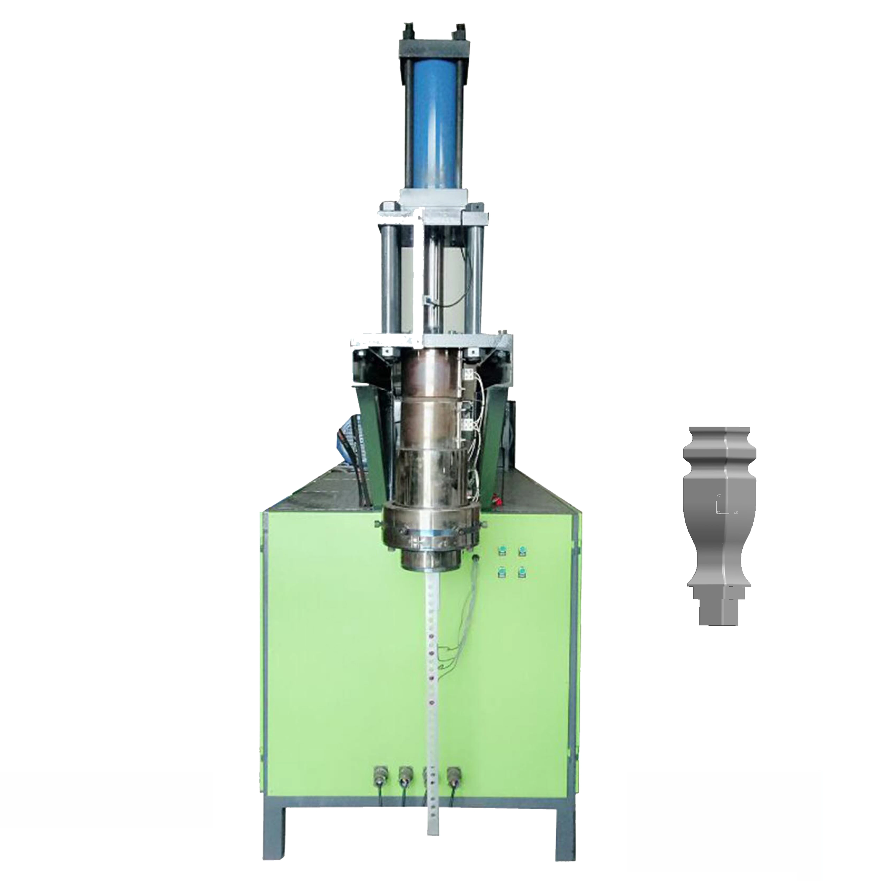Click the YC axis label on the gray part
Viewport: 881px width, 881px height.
pos(719,495)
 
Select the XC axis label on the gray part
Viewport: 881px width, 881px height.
pos(735,513)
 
